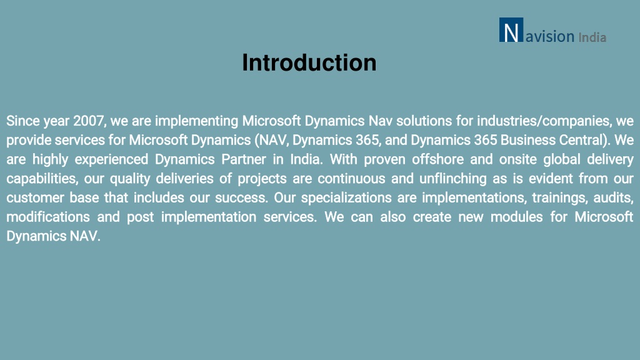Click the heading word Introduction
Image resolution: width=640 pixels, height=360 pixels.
coord(309,63)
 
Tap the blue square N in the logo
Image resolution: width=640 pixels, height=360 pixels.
coord(511,30)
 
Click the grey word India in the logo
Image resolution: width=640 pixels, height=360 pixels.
coord(592,37)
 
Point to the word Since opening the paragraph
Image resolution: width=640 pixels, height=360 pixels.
coord(23,121)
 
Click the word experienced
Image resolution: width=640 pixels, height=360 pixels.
coord(111,159)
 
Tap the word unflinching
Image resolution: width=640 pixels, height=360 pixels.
coord(453,179)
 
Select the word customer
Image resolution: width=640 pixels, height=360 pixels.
coord(34,198)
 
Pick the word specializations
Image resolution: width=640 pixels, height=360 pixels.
coord(346,198)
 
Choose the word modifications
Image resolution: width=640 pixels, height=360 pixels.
coord(48,217)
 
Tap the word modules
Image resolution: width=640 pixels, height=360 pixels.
coord(516,217)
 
